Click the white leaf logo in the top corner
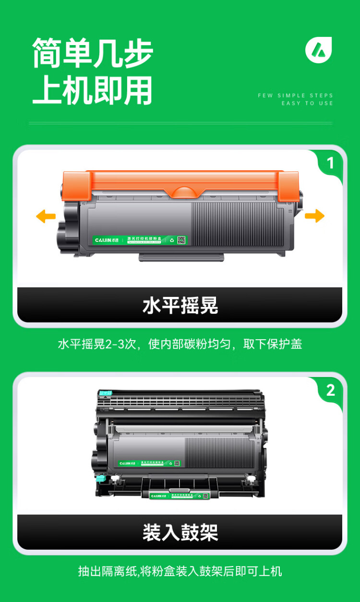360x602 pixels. coord(319,49)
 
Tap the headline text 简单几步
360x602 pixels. coord(92,54)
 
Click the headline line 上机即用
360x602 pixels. coord(92,90)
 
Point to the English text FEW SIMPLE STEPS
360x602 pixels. coord(295,95)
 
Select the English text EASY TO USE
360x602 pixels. coord(307,103)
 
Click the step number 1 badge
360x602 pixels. coord(330,164)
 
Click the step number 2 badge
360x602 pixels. coord(330,390)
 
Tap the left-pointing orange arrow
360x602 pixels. coord(46,216)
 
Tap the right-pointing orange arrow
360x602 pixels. coord(314,216)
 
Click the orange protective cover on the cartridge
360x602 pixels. coord(182,185)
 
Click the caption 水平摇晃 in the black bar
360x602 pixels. coord(180,306)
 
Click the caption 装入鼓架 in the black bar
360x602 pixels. coord(180,532)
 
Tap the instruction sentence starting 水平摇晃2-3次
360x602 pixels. coord(180,344)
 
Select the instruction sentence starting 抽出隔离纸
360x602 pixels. coord(180,571)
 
